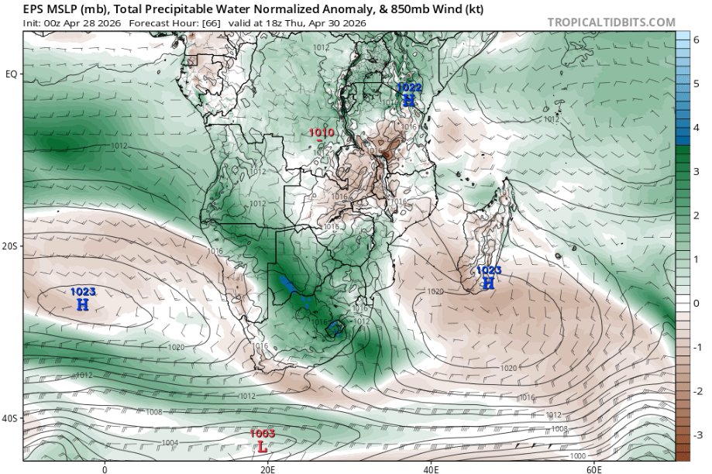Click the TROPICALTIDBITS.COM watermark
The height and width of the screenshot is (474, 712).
(611, 22)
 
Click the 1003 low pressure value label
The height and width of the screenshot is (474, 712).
(263, 434)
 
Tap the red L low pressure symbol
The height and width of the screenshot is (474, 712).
(263, 448)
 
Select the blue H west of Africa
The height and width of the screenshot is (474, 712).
(83, 305)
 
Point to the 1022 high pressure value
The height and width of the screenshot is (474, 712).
(409, 88)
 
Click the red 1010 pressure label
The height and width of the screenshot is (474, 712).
(322, 132)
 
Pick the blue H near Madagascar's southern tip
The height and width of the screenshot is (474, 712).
(488, 284)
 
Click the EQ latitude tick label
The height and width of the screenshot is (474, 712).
(12, 74)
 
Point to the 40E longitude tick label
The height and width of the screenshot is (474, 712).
(431, 469)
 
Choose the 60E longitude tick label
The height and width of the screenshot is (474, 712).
(594, 469)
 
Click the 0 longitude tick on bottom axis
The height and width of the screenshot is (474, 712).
(105, 469)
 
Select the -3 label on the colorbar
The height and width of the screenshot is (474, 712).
(697, 434)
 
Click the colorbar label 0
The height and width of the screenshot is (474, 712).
(695, 304)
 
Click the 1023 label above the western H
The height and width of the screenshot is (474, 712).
(83, 292)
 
